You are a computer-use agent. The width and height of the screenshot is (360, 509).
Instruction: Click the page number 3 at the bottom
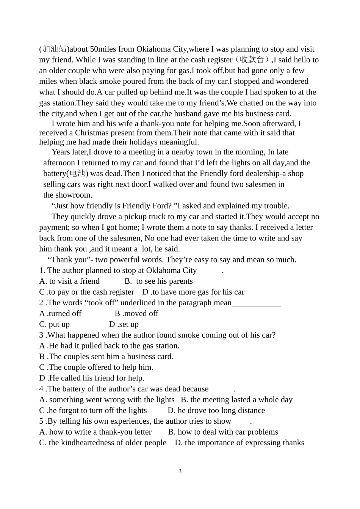(x=180, y=471)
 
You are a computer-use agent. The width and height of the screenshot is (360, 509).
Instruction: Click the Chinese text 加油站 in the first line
(x=54, y=49)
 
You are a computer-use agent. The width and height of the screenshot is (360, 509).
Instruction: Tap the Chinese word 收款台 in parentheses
(x=252, y=60)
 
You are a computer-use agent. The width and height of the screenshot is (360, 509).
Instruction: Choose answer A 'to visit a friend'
(x=70, y=281)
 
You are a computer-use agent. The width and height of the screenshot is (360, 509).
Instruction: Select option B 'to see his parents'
(x=159, y=281)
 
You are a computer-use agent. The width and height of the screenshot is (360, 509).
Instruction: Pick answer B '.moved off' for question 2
(x=137, y=313)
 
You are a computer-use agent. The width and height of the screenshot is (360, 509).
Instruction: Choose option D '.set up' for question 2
(x=124, y=324)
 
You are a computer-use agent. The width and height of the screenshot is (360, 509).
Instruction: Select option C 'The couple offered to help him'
(x=96, y=367)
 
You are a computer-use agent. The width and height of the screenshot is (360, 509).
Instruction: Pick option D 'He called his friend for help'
(x=92, y=378)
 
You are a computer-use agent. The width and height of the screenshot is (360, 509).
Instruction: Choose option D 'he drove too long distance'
(x=216, y=410)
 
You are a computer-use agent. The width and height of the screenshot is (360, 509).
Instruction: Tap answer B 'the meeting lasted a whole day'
(x=237, y=399)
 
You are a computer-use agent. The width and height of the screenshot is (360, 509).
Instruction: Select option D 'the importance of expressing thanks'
(x=239, y=443)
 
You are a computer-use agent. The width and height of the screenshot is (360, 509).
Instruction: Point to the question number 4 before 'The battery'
(x=41, y=389)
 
